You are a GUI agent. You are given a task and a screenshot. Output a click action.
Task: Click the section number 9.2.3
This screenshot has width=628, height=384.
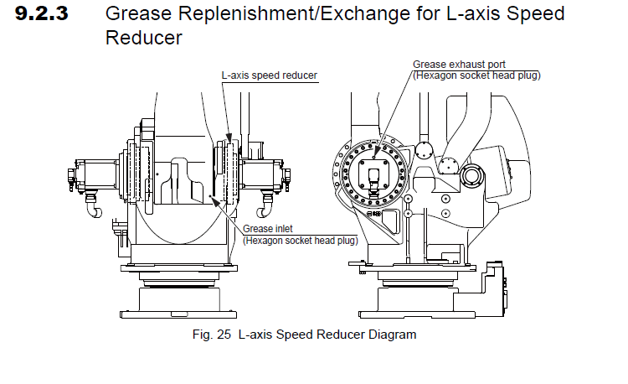point(52,15)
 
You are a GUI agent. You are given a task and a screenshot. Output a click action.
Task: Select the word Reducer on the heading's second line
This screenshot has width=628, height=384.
point(143,39)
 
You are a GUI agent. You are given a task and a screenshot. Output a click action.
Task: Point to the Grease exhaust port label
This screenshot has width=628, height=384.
point(458,65)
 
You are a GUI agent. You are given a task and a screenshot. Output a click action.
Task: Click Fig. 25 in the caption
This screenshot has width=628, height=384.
point(213,335)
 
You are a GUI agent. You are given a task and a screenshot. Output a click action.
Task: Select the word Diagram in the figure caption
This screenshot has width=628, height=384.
point(386,335)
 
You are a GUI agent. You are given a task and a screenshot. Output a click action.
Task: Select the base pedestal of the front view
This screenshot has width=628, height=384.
point(178,301)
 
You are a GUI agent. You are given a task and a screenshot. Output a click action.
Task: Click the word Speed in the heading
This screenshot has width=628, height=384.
point(523,15)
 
